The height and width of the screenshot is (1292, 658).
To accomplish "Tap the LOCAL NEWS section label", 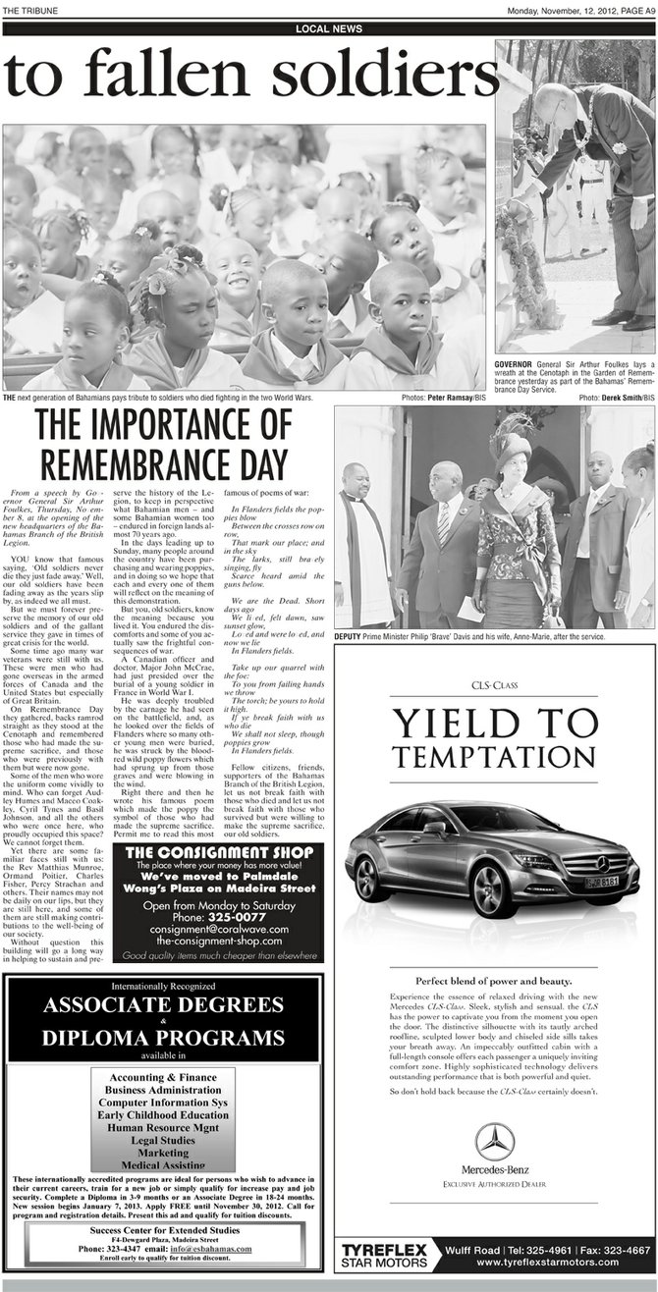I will tap(328, 29).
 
